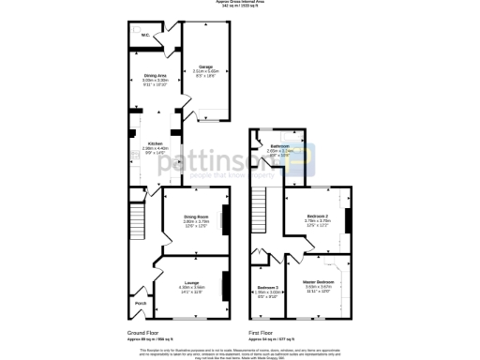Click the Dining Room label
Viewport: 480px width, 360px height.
195,217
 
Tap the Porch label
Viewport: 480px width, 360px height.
141,304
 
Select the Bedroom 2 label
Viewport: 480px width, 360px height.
317,217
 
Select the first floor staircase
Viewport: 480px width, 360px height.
261,217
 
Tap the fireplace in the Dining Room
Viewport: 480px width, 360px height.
224,217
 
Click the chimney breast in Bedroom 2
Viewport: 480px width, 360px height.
348,219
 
